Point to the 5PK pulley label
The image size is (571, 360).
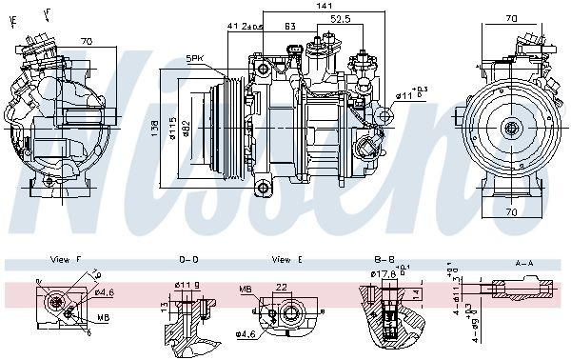tap(196, 58)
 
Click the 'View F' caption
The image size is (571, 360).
tap(66, 259)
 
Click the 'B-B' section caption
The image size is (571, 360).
tap(384, 259)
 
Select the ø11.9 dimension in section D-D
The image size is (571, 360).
tap(187, 283)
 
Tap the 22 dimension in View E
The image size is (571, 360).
tap(281, 288)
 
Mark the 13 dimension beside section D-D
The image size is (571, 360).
tap(164, 308)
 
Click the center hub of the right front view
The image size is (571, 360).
tap(512, 128)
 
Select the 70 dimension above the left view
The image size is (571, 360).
tap(86, 42)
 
